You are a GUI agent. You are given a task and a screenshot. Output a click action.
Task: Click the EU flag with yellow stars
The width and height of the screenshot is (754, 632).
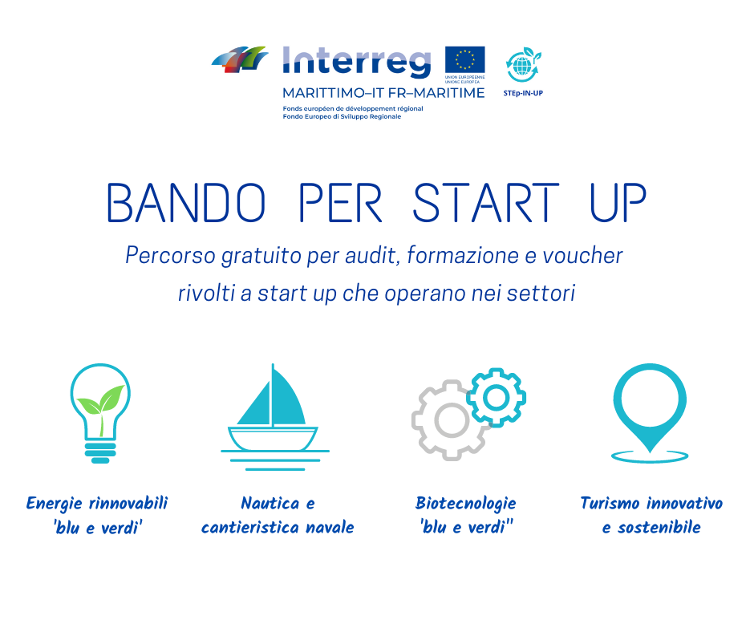pos(464,59)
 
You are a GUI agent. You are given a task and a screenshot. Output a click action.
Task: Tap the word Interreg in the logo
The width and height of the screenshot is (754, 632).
pos(356,62)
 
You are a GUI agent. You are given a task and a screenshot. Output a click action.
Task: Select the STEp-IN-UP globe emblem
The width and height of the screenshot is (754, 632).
pos(523,65)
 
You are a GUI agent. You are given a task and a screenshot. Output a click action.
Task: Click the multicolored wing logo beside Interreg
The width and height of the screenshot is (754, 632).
pos(240,59)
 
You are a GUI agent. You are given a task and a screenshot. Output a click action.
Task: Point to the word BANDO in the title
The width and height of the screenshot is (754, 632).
pos(185,202)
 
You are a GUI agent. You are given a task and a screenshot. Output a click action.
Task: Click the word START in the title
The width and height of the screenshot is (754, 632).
pos(485,202)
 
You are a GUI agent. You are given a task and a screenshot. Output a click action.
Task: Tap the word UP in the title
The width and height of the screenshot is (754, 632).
pos(618,202)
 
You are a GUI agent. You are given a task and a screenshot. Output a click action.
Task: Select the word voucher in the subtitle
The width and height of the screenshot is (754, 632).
pos(583,255)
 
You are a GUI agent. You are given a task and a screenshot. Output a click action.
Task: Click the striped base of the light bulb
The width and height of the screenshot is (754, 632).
pos(100,452)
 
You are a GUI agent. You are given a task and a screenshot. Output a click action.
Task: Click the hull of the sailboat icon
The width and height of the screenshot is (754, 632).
pos(273,438)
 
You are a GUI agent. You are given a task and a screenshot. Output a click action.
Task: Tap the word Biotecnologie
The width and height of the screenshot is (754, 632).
pos(465,504)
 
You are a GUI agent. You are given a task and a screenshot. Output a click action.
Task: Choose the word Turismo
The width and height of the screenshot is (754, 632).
pos(610,503)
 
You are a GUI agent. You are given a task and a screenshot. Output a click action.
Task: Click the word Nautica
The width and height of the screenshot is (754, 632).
pos(270,503)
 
